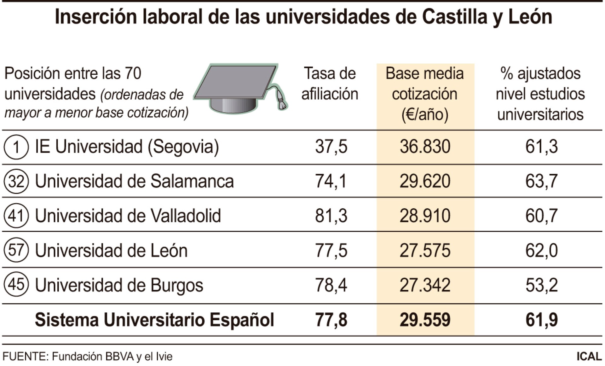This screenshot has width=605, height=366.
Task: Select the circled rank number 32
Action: [x=16, y=182]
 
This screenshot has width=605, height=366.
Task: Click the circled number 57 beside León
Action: [x=16, y=250]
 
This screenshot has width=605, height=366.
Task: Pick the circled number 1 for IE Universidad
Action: [x=16, y=147]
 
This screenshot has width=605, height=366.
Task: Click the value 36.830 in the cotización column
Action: [x=425, y=147]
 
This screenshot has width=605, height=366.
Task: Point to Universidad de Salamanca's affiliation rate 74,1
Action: [x=331, y=182]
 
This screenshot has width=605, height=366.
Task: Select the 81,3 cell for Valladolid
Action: [x=331, y=216]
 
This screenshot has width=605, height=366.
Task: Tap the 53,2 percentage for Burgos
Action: [x=541, y=285]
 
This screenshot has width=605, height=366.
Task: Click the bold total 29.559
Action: [x=425, y=320]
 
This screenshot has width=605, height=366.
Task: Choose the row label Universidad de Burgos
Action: [x=119, y=285]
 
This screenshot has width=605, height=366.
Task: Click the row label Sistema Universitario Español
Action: [x=154, y=320]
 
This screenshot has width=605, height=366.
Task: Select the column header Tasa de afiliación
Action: [x=330, y=84]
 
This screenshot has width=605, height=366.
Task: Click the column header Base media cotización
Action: [x=425, y=94]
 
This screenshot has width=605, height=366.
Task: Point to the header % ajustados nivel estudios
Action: [x=540, y=94]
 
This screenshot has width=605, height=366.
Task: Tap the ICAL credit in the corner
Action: [x=589, y=357]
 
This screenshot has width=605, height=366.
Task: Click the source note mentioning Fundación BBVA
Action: [x=87, y=357]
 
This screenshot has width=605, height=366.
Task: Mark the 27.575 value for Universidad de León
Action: [x=425, y=251]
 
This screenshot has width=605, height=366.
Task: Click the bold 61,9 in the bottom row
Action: [x=541, y=320]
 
